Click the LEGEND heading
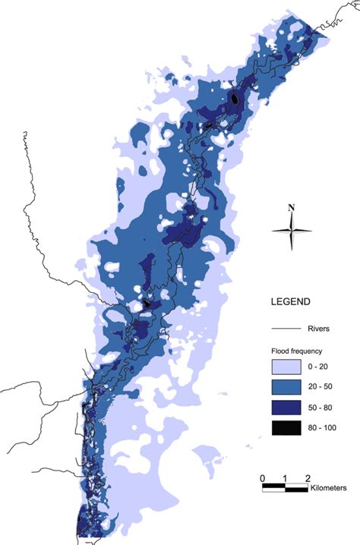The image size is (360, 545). pyautogui.click(x=290, y=301)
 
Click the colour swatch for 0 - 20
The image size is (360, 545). pyautogui.click(x=286, y=367)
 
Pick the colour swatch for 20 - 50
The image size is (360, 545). pyautogui.click(x=286, y=387)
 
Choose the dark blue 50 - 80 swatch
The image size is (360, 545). pyautogui.click(x=286, y=408)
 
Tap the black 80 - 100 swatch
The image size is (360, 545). pyautogui.click(x=286, y=427)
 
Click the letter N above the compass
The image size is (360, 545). pyautogui.click(x=292, y=207)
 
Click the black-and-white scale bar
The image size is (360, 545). pyautogui.click(x=285, y=487)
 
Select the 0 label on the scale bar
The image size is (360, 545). pyautogui.click(x=262, y=477)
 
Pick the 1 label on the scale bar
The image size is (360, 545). pyautogui.click(x=285, y=477)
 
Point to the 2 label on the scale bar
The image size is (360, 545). pyautogui.click(x=308, y=477)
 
